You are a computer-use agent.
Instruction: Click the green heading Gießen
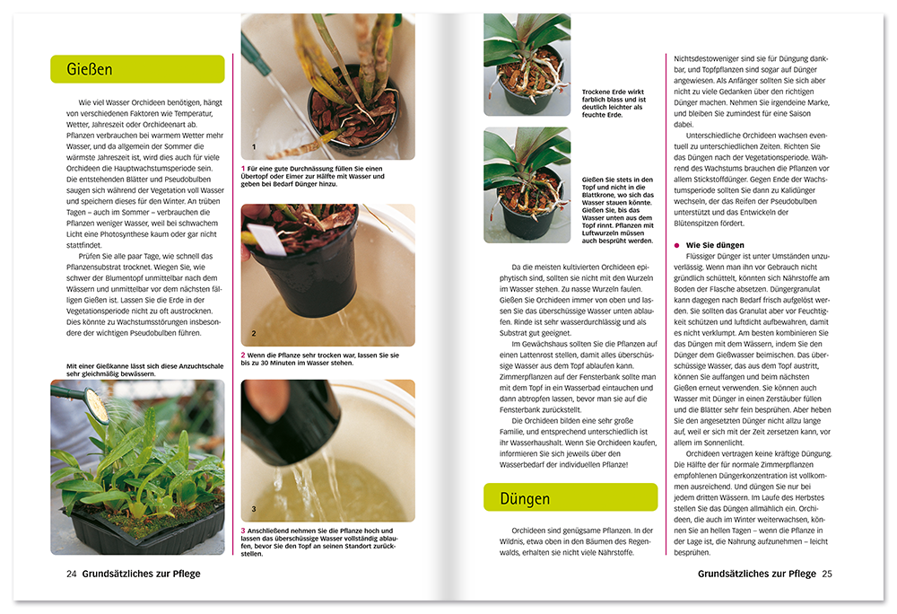90,69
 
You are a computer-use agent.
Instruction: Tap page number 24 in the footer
71,574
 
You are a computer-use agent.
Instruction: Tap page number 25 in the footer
827,574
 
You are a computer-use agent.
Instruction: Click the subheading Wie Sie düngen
715,244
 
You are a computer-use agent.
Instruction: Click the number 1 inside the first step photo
254,146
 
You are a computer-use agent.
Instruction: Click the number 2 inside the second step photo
254,333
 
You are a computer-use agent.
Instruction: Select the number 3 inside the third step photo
254,508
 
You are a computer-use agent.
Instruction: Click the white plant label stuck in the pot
266,240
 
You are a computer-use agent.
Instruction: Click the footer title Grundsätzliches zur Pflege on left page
141,574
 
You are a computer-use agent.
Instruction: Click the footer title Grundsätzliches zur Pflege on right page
756,574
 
